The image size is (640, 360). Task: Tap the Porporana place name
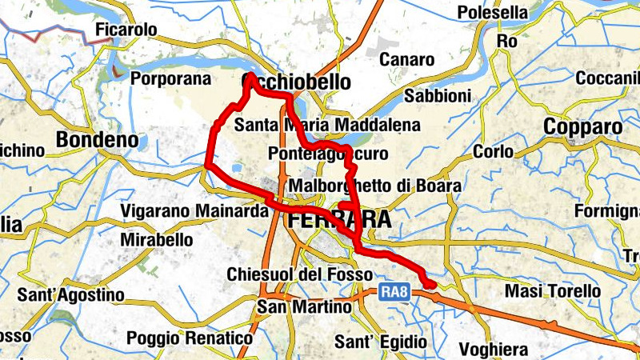[x=170, y=79]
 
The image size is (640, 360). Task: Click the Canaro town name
[x=406, y=60]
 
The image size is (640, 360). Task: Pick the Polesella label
[x=492, y=13]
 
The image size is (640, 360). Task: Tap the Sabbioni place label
[x=438, y=96]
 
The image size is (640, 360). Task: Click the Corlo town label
[x=494, y=152]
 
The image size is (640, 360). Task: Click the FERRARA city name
[x=340, y=219]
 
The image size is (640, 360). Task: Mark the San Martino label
[x=304, y=307]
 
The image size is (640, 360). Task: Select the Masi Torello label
[x=553, y=291]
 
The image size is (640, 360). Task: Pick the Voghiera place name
[x=494, y=350]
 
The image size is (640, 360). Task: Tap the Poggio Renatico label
[x=190, y=338]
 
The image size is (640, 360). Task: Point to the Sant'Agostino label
[x=71, y=295]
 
